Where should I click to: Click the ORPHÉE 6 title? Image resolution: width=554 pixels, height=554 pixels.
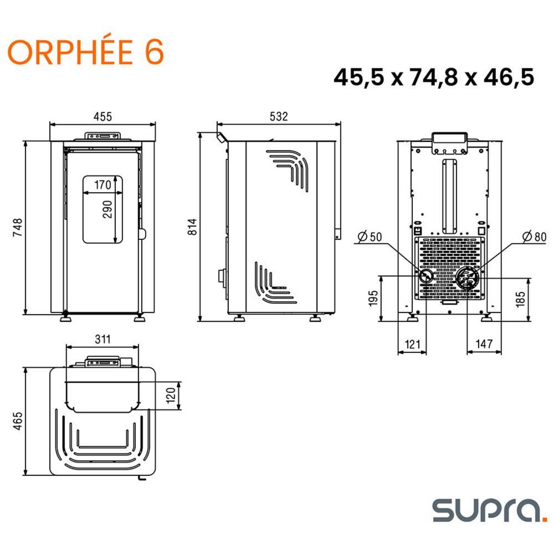coord(86,52)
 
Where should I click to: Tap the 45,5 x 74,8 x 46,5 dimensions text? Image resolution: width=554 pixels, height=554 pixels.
coord(434,77)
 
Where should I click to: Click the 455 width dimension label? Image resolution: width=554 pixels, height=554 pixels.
coord(102,117)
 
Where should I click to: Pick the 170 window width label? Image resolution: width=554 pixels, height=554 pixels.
coord(102,185)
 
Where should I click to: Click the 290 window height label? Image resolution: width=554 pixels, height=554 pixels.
coord(107,210)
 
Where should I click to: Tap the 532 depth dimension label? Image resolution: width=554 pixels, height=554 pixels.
coord(278,117)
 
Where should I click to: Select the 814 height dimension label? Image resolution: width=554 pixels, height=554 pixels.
coord(193,226)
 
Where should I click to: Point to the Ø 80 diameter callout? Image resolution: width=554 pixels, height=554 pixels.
coord(534,237)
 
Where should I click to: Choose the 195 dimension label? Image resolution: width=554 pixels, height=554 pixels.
coord(373,298)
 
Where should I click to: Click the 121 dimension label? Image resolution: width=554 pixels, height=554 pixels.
coord(412,344)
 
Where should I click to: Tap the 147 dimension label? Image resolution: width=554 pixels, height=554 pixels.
coord(484,344)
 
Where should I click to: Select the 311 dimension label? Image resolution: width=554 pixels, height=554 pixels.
coord(102,339)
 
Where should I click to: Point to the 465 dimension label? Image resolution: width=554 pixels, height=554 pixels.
coord(18,421)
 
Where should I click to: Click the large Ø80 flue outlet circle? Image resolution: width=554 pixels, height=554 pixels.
coord(467,278)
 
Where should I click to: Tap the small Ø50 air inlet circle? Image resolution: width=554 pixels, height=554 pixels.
coord(426,276)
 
